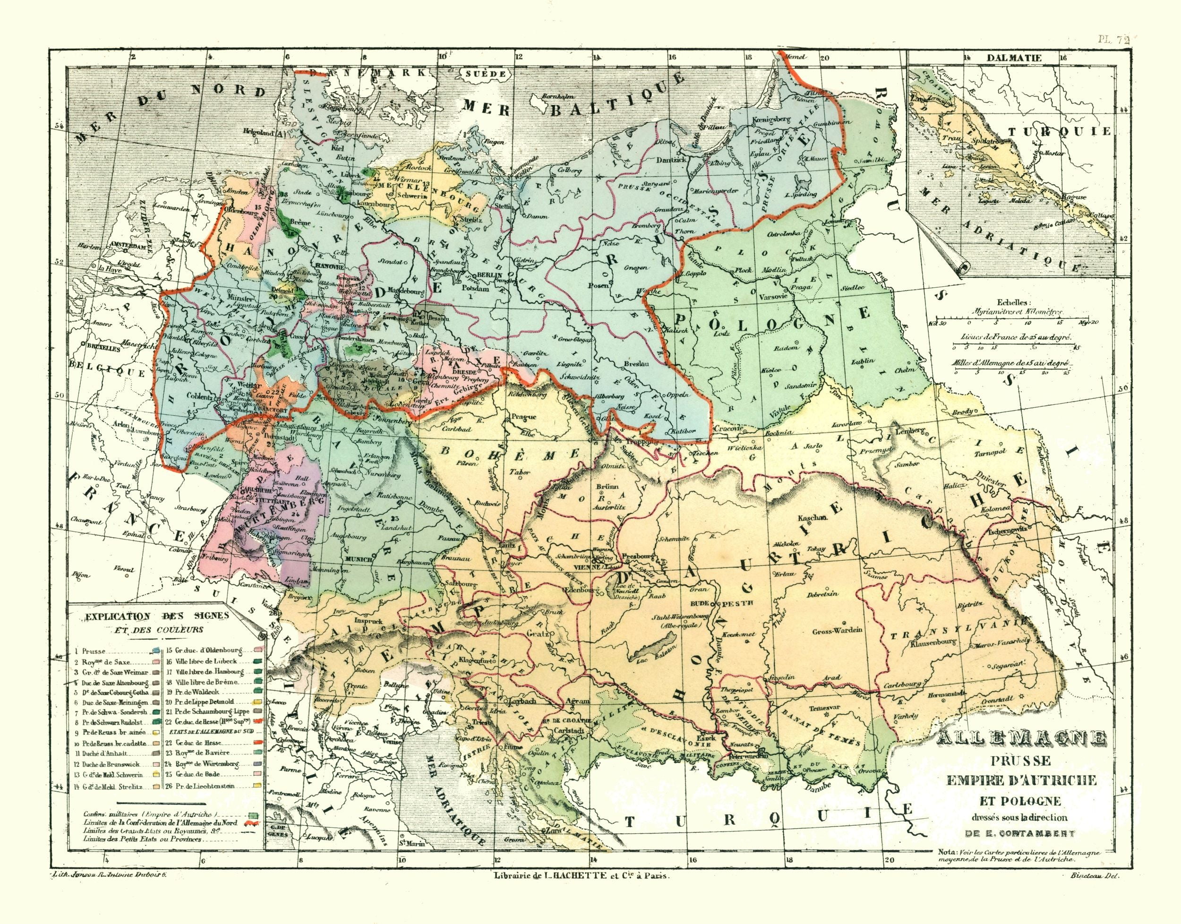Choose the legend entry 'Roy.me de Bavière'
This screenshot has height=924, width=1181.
point(206,752)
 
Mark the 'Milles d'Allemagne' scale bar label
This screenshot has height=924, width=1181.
point(1010,364)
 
